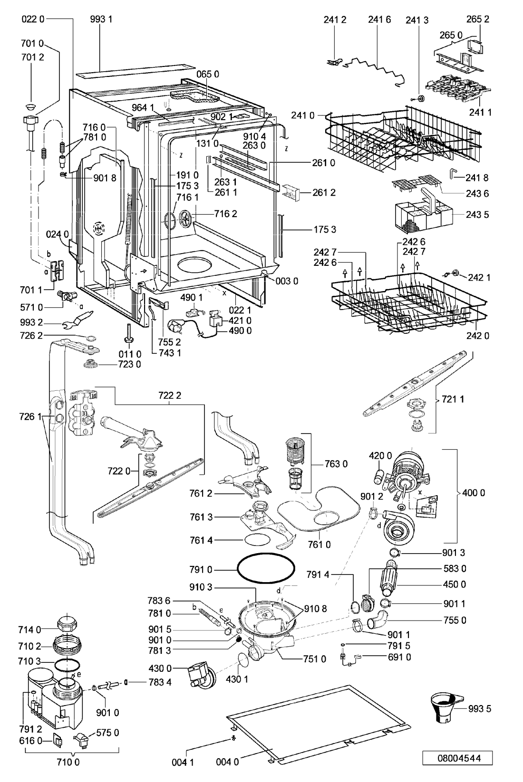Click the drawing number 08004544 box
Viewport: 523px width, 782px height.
pyautogui.click(x=457, y=758)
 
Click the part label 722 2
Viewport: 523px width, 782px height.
pyautogui.click(x=170, y=396)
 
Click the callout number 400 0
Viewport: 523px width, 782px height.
pyautogui.click(x=474, y=492)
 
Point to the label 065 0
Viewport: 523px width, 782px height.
pyautogui.click(x=208, y=74)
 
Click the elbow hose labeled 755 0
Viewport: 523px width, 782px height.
pyautogui.click(x=377, y=621)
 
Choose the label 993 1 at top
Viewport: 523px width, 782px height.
pyautogui.click(x=101, y=19)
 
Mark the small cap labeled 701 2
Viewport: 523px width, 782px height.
pyautogui.click(x=31, y=106)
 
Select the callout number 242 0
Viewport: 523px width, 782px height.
pyautogui.click(x=477, y=336)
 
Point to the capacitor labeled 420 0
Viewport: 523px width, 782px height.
pyautogui.click(x=378, y=477)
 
